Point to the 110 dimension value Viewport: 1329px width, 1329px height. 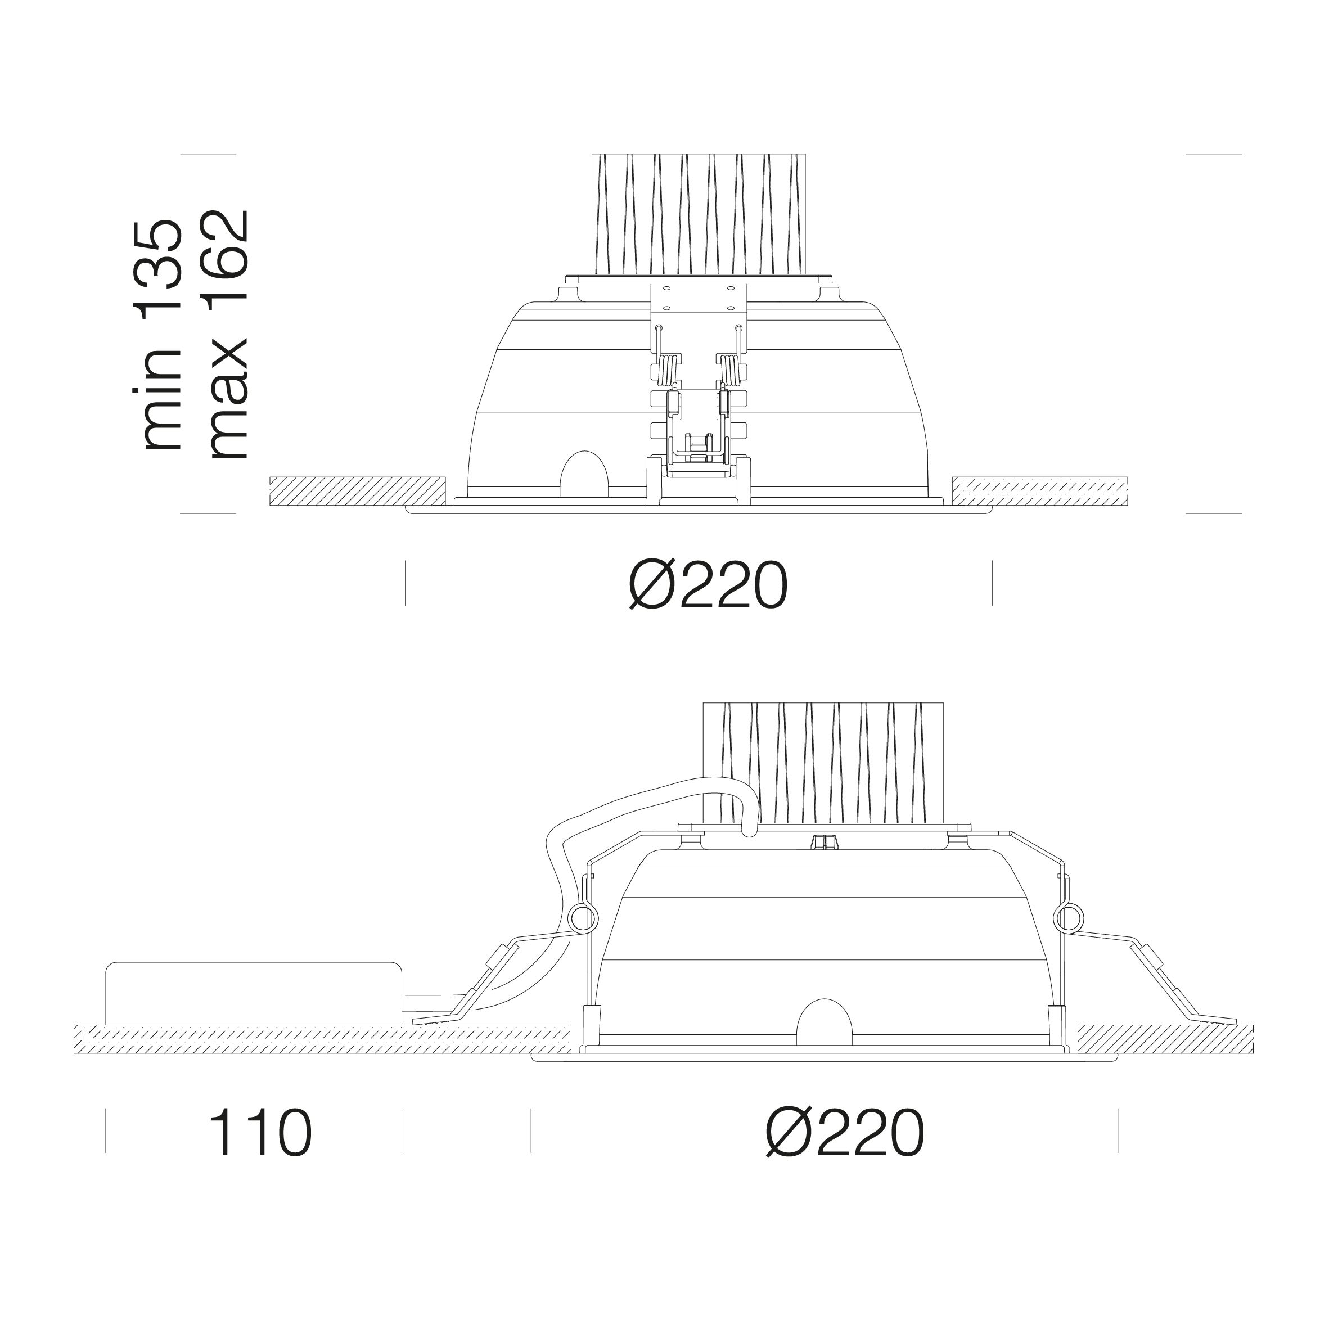(261, 1132)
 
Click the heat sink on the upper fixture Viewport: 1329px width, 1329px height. (698, 215)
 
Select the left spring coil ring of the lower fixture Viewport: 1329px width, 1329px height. (582, 916)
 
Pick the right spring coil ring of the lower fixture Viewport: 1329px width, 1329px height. (1068, 916)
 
